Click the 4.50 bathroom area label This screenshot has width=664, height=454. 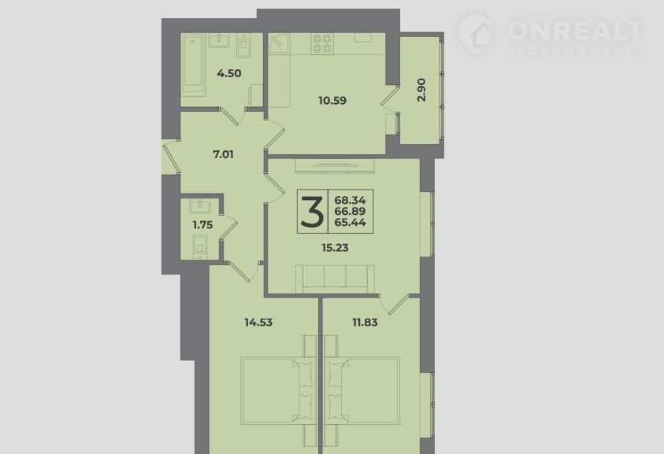(229, 74)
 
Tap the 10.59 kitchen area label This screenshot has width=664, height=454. (332, 101)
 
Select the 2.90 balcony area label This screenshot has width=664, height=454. (421, 90)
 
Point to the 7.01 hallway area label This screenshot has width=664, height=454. (223, 154)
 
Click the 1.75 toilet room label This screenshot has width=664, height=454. (203, 225)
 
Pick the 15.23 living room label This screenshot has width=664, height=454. (335, 248)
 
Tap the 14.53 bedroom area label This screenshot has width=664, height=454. (258, 323)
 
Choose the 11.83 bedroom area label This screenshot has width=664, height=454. (365, 323)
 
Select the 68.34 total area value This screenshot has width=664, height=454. (351, 200)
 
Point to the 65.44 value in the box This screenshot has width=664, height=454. (351, 223)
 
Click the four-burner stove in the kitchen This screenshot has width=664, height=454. (322, 43)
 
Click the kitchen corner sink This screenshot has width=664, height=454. (279, 43)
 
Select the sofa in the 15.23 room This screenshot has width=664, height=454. (335, 279)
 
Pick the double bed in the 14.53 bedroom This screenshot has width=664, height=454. (277, 390)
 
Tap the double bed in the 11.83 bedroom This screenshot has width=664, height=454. (362, 390)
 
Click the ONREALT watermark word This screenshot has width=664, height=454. (575, 31)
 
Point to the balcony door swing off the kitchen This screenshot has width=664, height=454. (390, 99)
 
